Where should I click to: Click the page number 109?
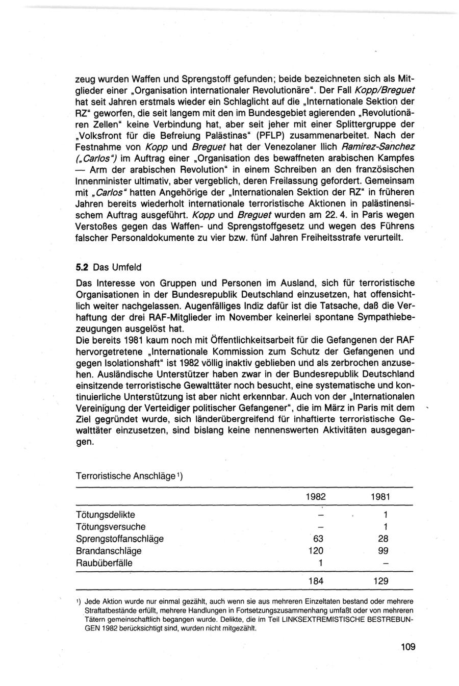click(408, 647)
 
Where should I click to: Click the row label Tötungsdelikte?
click(106, 514)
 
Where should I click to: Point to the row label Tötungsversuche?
click(111, 526)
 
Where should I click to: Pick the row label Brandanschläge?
click(109, 551)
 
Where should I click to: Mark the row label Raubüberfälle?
click(104, 563)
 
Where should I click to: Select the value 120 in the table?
click(316, 551)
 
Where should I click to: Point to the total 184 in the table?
click(316, 581)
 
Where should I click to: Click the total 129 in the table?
click(380, 581)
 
